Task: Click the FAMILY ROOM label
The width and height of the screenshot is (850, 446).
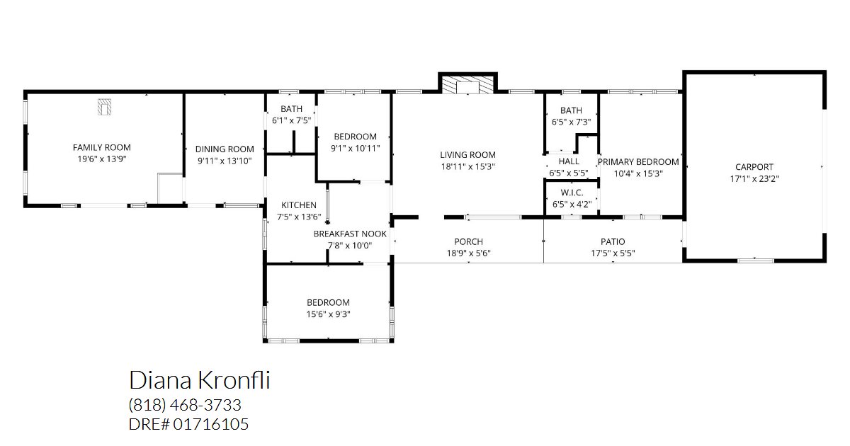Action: tap(102, 147)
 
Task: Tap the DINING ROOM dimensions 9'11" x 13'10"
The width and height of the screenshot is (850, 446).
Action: tap(225, 161)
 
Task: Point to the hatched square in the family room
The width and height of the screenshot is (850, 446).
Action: tap(104, 107)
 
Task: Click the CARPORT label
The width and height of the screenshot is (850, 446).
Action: tap(754, 167)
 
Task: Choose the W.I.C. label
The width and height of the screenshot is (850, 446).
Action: tap(572, 193)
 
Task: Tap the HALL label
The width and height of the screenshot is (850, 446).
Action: tap(569, 161)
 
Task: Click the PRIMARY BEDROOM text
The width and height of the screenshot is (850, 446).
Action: tap(638, 162)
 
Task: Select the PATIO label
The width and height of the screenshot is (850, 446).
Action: tap(613, 241)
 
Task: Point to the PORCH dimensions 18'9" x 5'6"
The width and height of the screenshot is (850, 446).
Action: tap(469, 253)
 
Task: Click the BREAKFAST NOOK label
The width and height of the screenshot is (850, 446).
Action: tap(350, 234)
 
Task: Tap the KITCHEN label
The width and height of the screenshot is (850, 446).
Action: tap(299, 205)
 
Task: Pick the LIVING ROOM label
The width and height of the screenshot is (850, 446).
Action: tap(468, 155)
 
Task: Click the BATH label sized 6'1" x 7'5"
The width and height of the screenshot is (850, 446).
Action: tap(291, 109)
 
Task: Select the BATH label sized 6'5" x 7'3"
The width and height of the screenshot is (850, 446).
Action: tap(571, 110)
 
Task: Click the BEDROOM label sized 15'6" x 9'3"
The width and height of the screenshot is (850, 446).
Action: tap(328, 303)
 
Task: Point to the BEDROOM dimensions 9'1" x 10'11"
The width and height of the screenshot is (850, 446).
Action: tap(355, 148)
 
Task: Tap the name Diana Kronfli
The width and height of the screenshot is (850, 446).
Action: tap(200, 380)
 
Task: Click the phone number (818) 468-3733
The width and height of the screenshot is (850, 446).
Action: tap(185, 405)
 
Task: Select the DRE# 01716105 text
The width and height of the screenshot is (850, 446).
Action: tap(188, 424)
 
